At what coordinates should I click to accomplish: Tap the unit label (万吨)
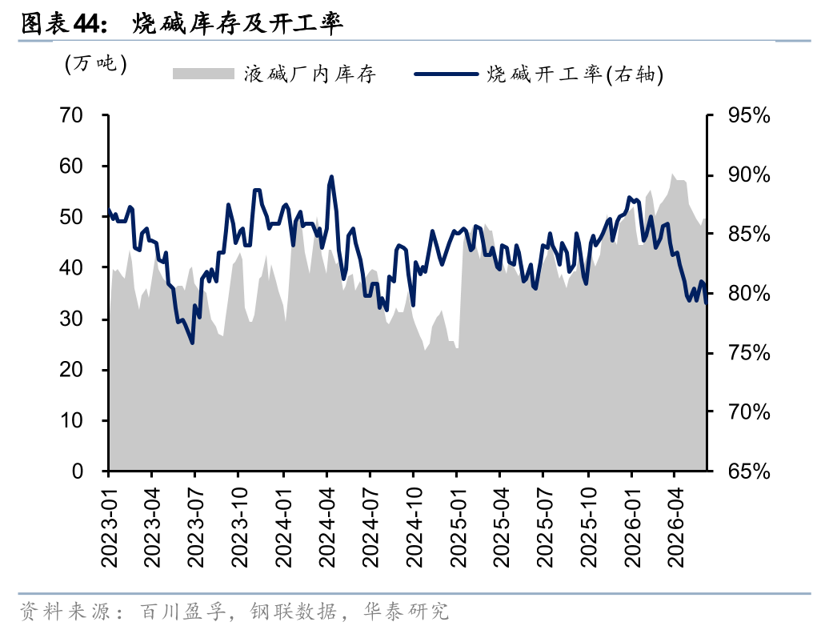coord(96,64)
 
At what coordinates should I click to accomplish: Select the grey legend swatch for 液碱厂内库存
coord(203,74)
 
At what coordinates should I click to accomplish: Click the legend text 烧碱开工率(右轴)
coord(575,74)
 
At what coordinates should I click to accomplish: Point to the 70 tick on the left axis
coord(71,114)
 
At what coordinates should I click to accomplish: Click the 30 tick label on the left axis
coord(71,319)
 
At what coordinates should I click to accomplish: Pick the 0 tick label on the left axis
coord(77,471)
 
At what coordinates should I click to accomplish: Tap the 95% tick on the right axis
coord(749,114)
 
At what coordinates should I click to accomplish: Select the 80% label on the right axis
coord(749,293)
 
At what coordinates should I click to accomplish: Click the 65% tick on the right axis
coord(749,471)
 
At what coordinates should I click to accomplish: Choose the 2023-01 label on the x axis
coord(109,528)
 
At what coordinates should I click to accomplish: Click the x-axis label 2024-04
coord(327,528)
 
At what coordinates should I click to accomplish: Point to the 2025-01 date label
coord(458,528)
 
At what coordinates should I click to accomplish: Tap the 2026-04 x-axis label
coord(675,528)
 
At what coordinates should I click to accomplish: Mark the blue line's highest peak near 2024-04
coord(331,177)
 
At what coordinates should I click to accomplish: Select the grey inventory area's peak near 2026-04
coord(672,174)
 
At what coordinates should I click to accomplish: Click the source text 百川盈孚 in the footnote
coord(183,612)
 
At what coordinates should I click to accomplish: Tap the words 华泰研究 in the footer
coord(406,612)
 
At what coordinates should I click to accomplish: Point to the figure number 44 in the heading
coord(86,23)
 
